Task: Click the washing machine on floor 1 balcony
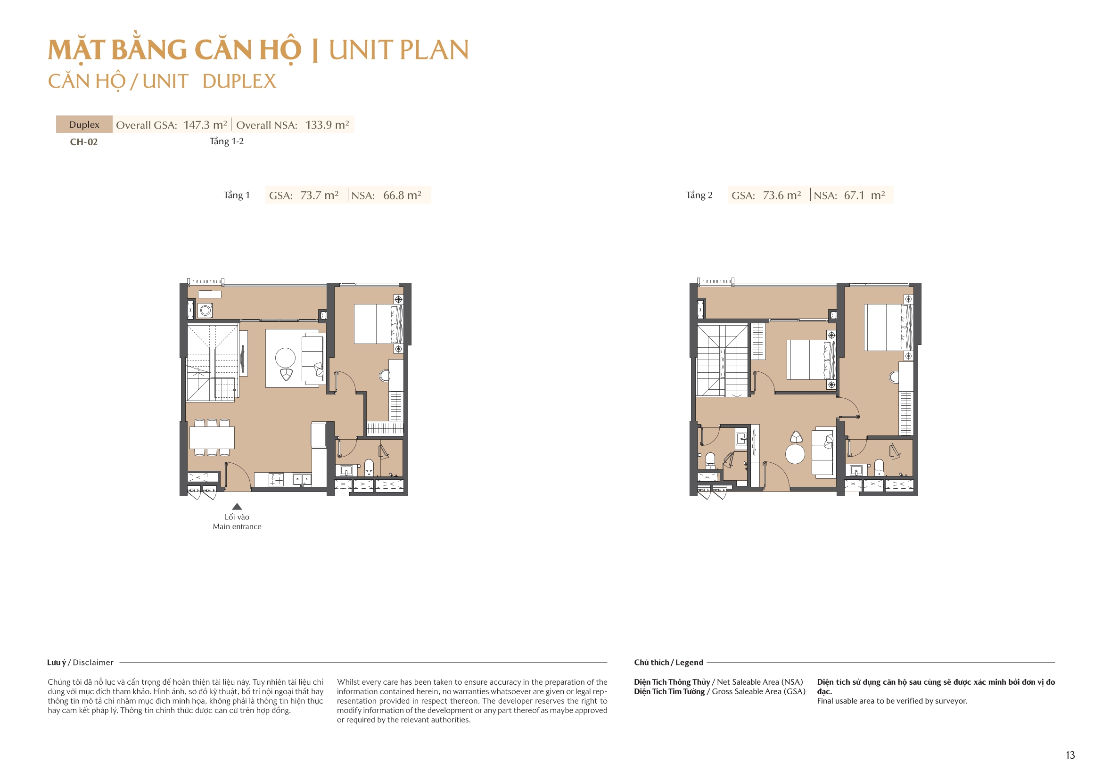tap(206, 311)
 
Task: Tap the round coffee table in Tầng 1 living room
tap(285, 358)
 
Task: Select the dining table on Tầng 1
tap(212, 438)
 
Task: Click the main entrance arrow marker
tap(237, 507)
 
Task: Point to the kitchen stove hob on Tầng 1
tap(277, 479)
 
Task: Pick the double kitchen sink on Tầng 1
tap(302, 479)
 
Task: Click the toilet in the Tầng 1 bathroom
tap(369, 466)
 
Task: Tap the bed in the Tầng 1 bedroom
tap(377, 324)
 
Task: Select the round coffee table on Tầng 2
tap(795, 454)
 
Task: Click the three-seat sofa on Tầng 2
tap(823, 453)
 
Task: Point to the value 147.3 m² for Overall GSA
tap(205, 125)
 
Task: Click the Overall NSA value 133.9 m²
tap(327, 125)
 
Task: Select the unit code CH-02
tap(84, 142)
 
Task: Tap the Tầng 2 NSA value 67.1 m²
tap(864, 196)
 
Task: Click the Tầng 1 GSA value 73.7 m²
tap(319, 196)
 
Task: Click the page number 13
tap(1070, 755)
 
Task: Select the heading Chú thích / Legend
tap(668, 663)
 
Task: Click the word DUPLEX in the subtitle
tap(239, 82)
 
